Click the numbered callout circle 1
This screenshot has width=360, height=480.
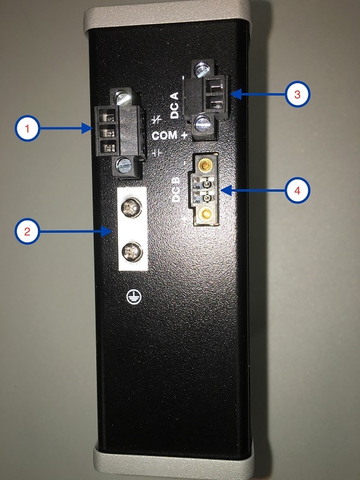[x=27, y=129]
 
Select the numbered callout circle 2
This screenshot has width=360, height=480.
[x=27, y=232]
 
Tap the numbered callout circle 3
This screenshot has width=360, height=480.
[x=297, y=94]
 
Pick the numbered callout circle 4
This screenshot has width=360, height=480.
[x=297, y=191]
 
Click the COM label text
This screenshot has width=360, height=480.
[x=164, y=135]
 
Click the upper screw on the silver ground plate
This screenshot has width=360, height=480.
[x=132, y=208]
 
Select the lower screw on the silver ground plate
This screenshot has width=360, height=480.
[x=132, y=251]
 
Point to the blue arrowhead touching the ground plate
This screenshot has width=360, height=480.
[x=107, y=232]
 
